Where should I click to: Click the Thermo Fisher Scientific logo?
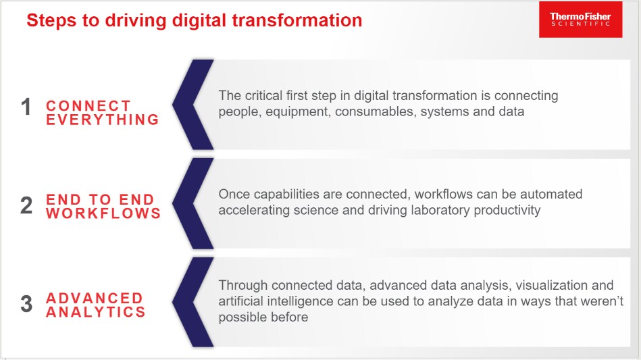(580, 19)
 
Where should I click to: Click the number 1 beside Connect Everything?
(26, 107)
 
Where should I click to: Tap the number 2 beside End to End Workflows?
(26, 205)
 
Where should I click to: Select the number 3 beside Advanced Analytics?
(26, 304)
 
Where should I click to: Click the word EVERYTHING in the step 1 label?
(102, 120)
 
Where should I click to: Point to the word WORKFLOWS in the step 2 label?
(103, 213)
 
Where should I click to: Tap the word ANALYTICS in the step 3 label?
(96, 312)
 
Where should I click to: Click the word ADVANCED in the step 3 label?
(95, 299)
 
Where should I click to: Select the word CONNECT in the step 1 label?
(88, 106)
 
